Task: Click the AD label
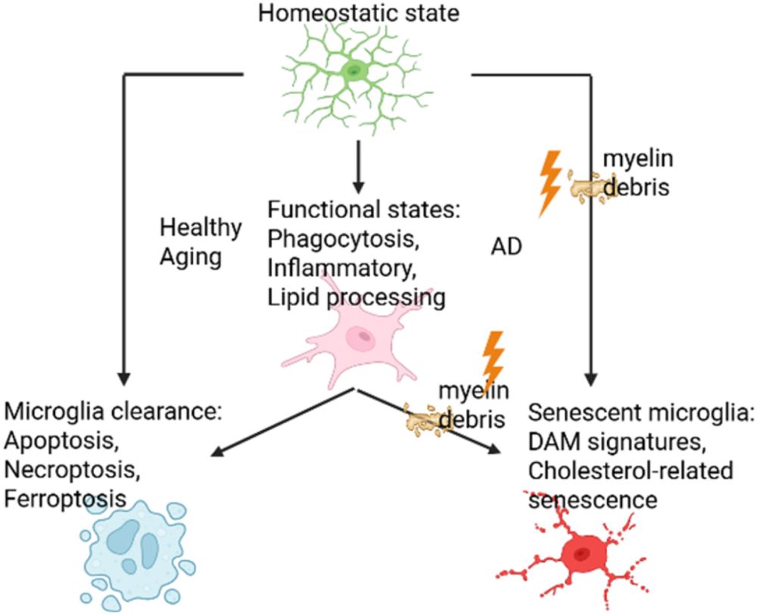506,248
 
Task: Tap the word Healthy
201,227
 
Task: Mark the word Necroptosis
72,472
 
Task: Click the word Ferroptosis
65,500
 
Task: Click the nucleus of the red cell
581,554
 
